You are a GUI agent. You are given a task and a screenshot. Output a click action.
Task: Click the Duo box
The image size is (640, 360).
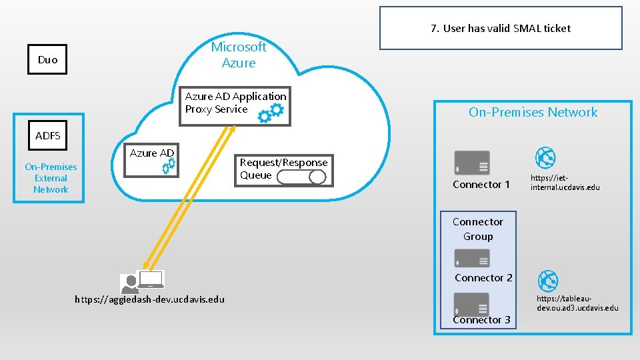(x=47, y=59)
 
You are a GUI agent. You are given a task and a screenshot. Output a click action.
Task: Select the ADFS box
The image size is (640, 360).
(x=47, y=136)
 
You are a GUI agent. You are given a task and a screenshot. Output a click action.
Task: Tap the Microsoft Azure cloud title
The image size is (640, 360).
(x=239, y=55)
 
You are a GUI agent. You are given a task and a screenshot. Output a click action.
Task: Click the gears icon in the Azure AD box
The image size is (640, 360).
(x=169, y=166)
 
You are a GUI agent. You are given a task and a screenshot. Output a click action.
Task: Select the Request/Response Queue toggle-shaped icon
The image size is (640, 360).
(x=301, y=177)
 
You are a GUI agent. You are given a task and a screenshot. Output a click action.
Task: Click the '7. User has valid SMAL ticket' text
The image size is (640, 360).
(x=500, y=28)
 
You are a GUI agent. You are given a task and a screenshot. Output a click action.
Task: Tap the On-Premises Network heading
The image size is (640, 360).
(x=533, y=112)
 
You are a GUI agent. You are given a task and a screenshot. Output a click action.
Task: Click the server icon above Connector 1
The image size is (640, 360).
(x=471, y=163)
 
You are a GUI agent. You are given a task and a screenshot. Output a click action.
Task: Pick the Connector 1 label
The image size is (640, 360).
(x=481, y=184)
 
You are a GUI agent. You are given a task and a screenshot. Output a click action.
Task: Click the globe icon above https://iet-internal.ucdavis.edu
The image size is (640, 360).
(x=546, y=158)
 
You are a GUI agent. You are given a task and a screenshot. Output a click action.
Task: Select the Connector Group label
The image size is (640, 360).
(x=478, y=229)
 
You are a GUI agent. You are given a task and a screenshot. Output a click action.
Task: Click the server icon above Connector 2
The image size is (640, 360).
(x=471, y=259)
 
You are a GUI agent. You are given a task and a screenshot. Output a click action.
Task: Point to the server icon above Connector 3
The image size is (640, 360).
(x=471, y=303)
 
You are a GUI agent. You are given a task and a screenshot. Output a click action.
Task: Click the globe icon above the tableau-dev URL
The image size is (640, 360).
(x=547, y=281)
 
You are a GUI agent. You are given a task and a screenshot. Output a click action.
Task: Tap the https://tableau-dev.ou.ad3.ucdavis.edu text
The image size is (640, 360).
(x=577, y=303)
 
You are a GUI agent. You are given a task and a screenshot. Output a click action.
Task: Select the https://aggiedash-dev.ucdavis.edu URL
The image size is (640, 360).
(x=150, y=299)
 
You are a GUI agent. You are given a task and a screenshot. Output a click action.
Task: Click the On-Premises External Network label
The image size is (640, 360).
(x=51, y=178)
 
